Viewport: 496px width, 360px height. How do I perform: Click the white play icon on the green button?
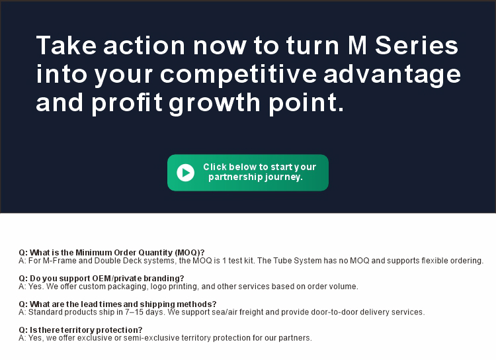(185, 173)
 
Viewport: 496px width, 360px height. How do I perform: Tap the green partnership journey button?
(248, 173)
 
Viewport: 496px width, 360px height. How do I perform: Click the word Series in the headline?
(416, 45)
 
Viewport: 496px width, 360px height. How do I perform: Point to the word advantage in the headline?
(392, 74)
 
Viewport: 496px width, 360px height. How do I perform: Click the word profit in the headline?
(127, 103)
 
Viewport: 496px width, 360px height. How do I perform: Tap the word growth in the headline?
(214, 103)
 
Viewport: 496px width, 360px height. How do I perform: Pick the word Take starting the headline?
(66, 45)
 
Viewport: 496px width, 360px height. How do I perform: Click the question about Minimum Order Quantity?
(112, 253)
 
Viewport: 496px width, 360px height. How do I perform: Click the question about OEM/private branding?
(101, 279)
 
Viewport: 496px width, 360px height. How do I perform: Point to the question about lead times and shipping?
(117, 304)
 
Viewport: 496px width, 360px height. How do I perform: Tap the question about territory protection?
(80, 330)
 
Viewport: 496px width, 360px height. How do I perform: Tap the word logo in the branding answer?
(159, 287)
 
